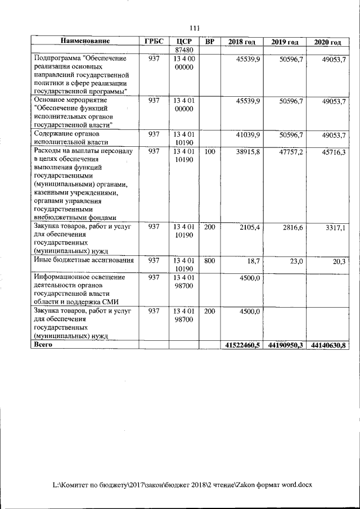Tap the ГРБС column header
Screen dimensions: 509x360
pos(154,41)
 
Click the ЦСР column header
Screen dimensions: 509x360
pos(184,42)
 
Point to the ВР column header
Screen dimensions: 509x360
pos(209,42)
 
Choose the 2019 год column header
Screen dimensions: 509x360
pos(285,42)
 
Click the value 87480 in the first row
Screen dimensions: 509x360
pos(184,49)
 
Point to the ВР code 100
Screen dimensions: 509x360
pos(209,152)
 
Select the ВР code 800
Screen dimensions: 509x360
pos(209,260)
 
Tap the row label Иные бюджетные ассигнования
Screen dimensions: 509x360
pos(84,260)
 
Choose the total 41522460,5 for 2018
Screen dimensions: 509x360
pos(243,345)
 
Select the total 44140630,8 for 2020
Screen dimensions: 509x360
pos(328,345)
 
